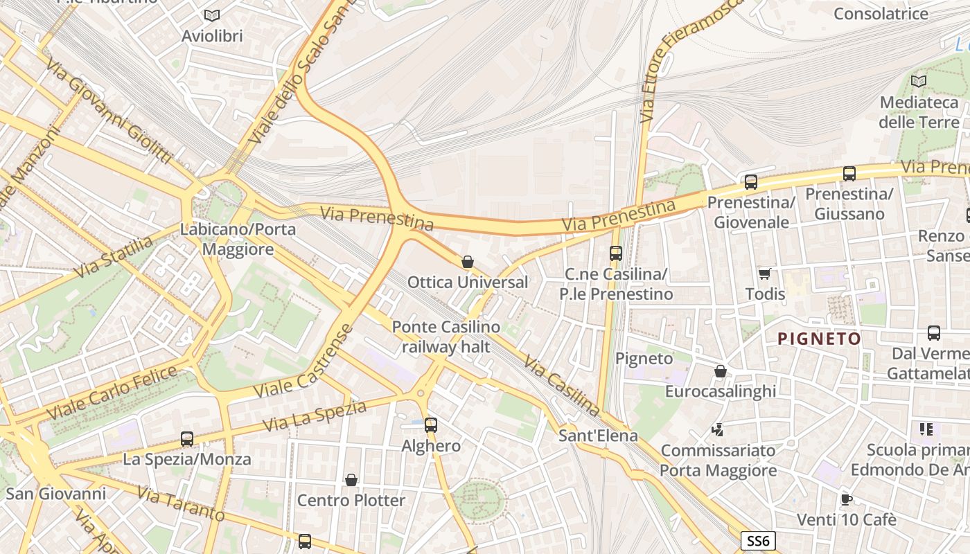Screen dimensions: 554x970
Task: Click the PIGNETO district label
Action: coord(819,339)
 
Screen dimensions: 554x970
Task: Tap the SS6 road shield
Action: coord(757,541)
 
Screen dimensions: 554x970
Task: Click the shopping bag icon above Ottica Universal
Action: coord(468,262)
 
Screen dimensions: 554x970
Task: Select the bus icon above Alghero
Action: coord(431,425)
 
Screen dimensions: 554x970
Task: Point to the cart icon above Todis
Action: coord(765,274)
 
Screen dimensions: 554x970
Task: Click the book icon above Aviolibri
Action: coord(212,15)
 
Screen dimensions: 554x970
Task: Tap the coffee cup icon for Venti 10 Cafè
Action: coord(846,499)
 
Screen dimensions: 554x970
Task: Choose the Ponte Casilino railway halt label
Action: coord(446,337)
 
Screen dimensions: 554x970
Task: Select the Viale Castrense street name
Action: coord(303,362)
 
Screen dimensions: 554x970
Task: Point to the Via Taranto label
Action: coord(181,504)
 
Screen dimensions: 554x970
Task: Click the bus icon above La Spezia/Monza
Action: coord(187,438)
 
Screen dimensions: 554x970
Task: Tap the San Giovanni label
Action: coord(56,494)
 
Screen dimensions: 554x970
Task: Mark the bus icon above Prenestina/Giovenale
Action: coord(751,182)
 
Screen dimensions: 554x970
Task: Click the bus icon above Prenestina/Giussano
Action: coord(849,174)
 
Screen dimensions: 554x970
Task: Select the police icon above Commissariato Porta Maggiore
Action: coord(717,430)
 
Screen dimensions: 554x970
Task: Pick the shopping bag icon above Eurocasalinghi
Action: coord(721,371)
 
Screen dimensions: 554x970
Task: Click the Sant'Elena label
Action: coord(598,436)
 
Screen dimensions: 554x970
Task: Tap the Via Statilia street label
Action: coord(114,257)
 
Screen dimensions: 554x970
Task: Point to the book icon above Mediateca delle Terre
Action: coord(919,82)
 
